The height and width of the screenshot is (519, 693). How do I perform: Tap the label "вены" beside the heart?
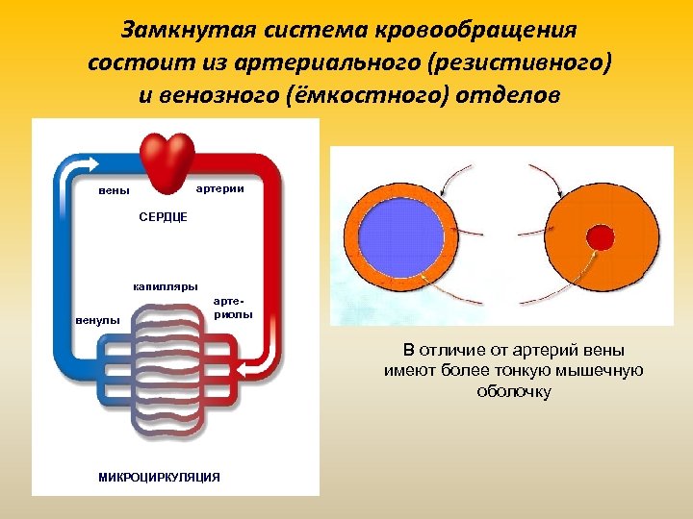point(115,190)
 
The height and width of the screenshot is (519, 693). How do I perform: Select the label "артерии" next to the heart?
point(219,188)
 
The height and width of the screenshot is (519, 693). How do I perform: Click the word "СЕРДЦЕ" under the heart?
point(164,218)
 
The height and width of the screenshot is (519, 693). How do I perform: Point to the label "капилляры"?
point(165,286)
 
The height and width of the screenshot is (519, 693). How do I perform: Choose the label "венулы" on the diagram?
point(98,320)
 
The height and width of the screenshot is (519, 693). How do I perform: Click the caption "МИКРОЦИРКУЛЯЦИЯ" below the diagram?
point(159,477)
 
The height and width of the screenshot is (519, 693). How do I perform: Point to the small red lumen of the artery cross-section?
point(600,236)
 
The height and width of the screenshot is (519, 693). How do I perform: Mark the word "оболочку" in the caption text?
point(514,391)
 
